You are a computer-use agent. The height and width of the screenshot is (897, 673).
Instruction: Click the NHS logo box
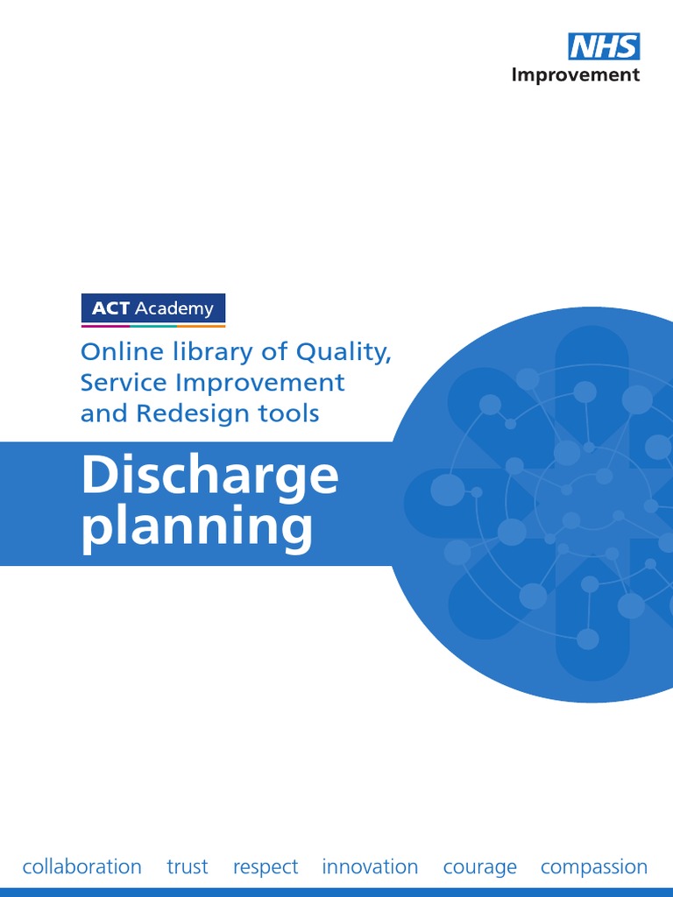click(605, 46)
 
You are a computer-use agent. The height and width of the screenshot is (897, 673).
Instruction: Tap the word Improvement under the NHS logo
click(576, 74)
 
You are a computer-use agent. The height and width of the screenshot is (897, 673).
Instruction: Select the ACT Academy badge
click(153, 308)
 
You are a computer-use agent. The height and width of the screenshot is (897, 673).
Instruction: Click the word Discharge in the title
click(209, 476)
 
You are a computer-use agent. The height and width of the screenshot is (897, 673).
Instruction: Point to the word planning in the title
click(197, 528)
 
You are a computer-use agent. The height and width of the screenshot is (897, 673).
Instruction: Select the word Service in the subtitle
click(121, 383)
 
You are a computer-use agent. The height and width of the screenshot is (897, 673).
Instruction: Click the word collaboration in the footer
click(81, 866)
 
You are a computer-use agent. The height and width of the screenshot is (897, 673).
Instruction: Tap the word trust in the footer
click(188, 866)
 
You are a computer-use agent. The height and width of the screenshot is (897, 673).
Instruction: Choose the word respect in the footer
click(266, 867)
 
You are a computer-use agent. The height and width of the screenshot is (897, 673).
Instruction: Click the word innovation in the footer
click(370, 866)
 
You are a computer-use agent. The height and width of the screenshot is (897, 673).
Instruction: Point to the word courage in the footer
click(480, 867)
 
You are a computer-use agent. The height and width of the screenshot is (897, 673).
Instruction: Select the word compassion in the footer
click(594, 867)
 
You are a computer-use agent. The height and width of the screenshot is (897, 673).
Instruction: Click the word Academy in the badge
click(179, 308)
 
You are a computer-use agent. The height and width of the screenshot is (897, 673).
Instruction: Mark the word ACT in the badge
click(110, 308)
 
